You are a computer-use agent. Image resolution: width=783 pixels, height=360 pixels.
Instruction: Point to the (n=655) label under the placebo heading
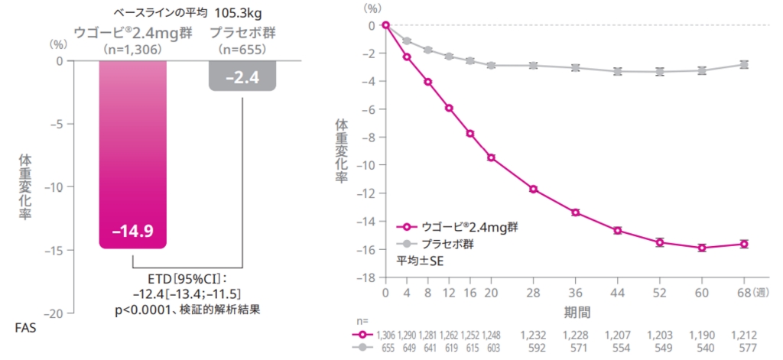[242, 49]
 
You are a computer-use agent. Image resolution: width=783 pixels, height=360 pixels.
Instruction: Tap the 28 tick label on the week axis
[533, 294]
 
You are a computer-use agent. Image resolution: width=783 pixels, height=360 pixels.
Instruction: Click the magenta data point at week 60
[702, 248]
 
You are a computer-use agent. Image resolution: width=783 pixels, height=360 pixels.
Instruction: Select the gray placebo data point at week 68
[744, 65]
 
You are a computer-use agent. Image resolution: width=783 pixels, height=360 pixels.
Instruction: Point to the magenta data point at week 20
[491, 157]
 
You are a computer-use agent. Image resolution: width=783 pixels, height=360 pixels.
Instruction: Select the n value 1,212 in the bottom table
[744, 334]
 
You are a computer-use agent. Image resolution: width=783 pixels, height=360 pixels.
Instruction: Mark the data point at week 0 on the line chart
[385, 25]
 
